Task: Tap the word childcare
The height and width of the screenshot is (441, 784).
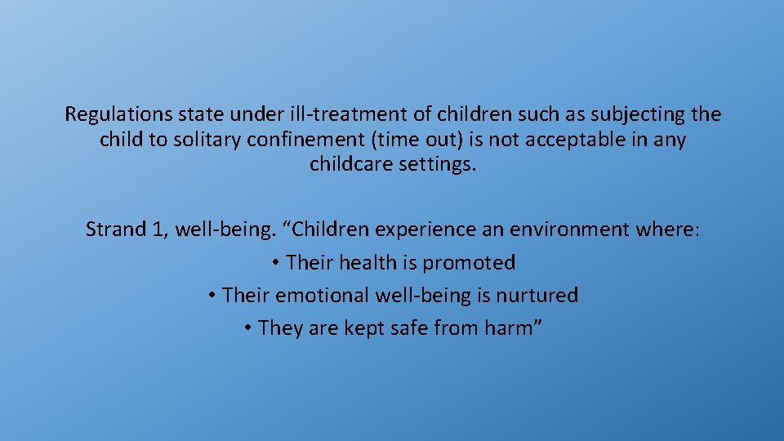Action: tap(351, 164)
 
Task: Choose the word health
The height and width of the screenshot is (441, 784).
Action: tap(367, 263)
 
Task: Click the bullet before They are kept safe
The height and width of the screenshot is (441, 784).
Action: tap(247, 328)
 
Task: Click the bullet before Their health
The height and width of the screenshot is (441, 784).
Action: tap(276, 263)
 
